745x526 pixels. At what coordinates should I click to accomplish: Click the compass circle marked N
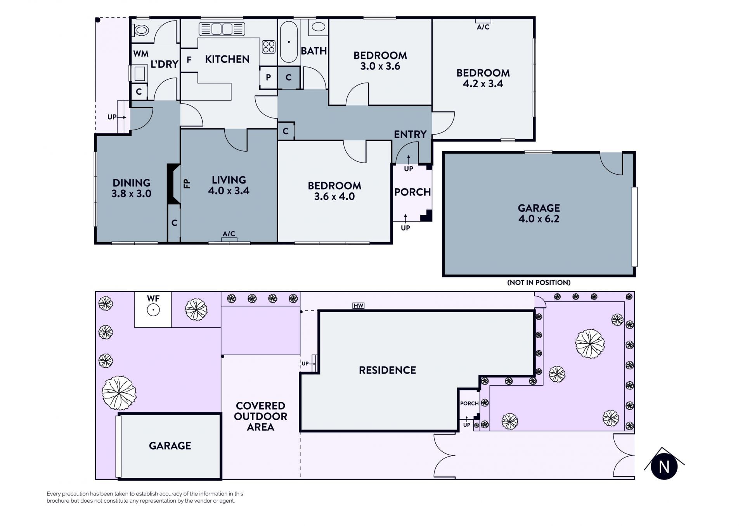pyautogui.click(x=664, y=466)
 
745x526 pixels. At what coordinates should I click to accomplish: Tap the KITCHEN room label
pyautogui.click(x=227, y=59)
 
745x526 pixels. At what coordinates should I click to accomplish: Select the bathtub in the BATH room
pyautogui.click(x=289, y=42)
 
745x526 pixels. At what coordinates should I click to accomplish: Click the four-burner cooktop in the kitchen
pyautogui.click(x=269, y=47)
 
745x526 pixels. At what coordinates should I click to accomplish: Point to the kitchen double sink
pyautogui.click(x=222, y=29)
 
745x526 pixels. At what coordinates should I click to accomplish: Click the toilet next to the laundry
pyautogui.click(x=140, y=30)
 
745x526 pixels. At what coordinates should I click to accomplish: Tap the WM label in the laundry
pyautogui.click(x=141, y=54)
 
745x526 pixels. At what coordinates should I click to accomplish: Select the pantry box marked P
pyautogui.click(x=268, y=78)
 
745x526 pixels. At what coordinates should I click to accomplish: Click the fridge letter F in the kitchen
pyautogui.click(x=189, y=60)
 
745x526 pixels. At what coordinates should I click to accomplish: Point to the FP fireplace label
pyautogui.click(x=187, y=183)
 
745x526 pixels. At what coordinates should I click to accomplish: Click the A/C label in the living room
pyautogui.click(x=229, y=234)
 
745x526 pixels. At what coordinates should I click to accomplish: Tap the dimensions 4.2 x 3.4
pyautogui.click(x=483, y=84)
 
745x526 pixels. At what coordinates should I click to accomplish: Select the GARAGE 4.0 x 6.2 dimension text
pyautogui.click(x=539, y=219)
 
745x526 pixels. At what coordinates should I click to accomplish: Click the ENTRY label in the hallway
pyautogui.click(x=410, y=135)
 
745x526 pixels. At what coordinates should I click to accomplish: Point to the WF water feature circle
pyautogui.click(x=153, y=310)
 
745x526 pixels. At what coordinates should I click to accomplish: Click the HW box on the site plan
pyautogui.click(x=358, y=306)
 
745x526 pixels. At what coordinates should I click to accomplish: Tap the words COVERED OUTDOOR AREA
pyautogui.click(x=261, y=416)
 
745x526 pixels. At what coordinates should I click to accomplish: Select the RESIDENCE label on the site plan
pyautogui.click(x=387, y=370)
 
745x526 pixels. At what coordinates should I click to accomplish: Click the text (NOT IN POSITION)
pyautogui.click(x=539, y=282)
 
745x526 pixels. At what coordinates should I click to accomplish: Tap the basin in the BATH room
pyautogui.click(x=319, y=27)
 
